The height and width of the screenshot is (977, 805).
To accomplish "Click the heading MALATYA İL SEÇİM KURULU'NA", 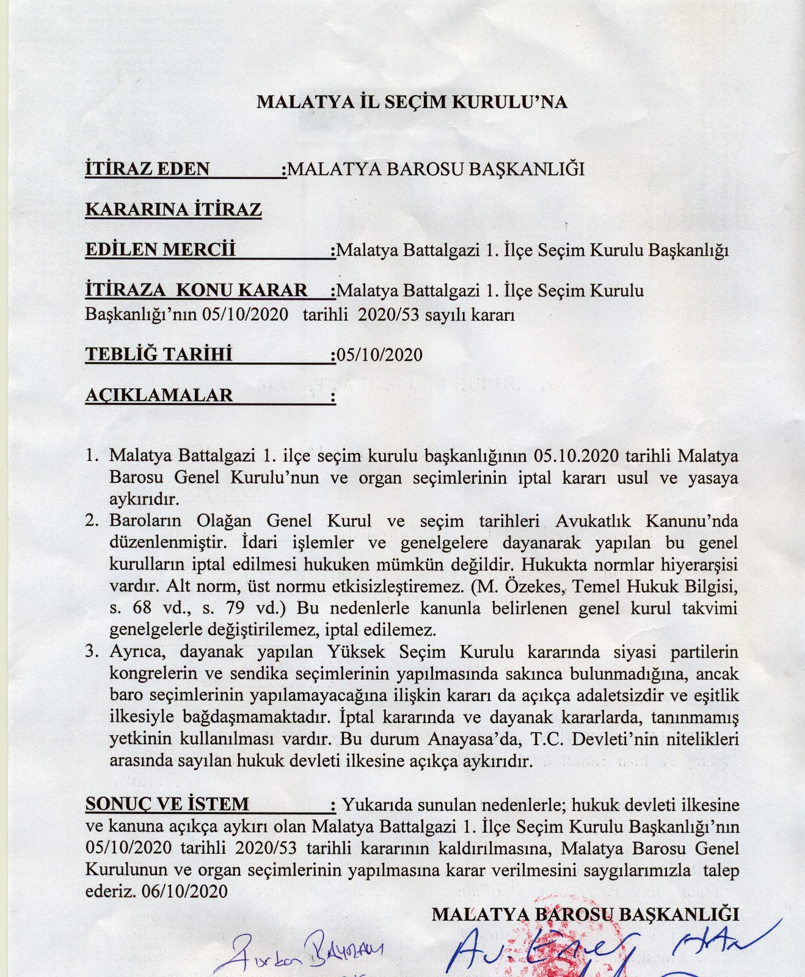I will coord(412,101).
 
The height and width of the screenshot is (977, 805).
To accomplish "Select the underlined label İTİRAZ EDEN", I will coord(147,169).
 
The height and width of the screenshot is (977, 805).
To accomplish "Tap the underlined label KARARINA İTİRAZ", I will coord(173,209).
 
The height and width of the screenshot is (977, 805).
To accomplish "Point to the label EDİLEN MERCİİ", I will coord(160,250).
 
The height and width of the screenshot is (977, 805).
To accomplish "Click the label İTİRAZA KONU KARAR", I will coord(196,289).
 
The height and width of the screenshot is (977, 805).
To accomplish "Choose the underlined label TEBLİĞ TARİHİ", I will coord(159,354).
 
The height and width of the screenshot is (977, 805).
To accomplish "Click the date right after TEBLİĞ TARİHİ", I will coord(379,355).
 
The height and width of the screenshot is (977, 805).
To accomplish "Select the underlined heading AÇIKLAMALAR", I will coord(159,395).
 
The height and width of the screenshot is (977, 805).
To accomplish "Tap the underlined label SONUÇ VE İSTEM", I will coord(167,804).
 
